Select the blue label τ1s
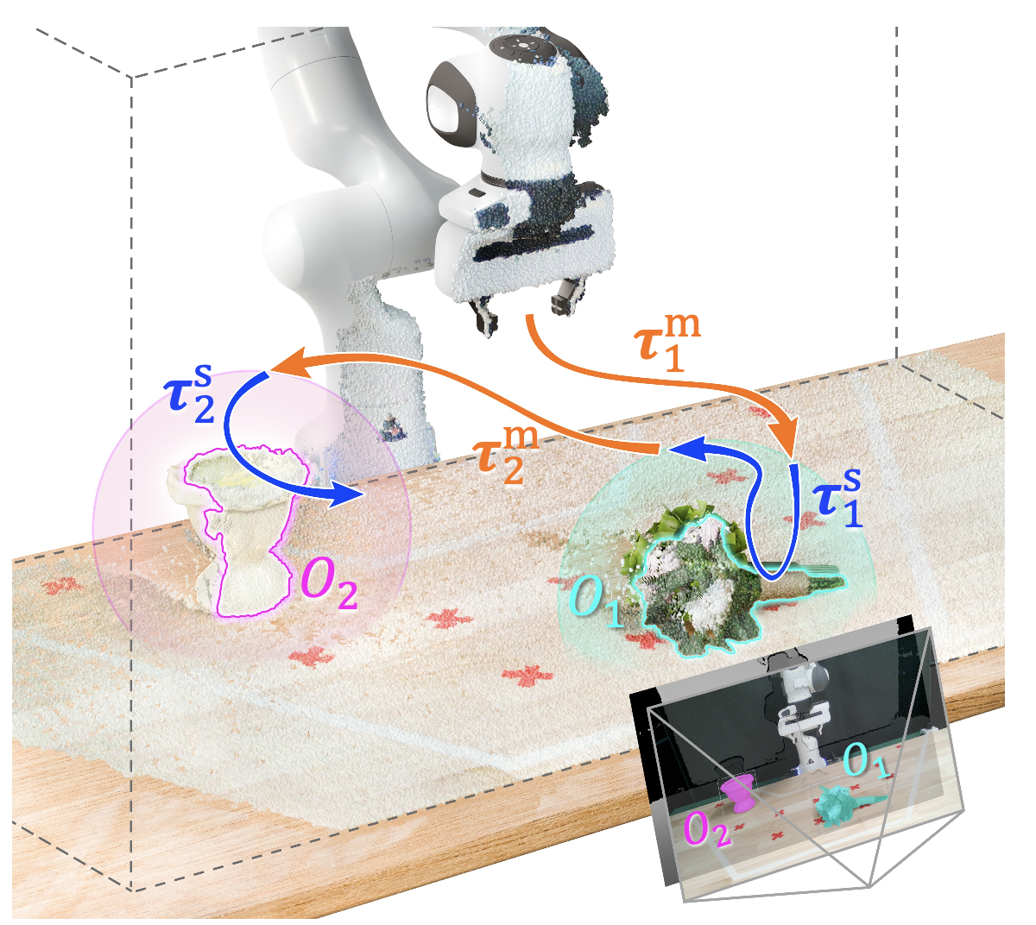[838, 498]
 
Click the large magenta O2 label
[328, 586]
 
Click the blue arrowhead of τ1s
[682, 447]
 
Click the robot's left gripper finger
[483, 314]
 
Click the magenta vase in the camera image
[737, 795]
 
